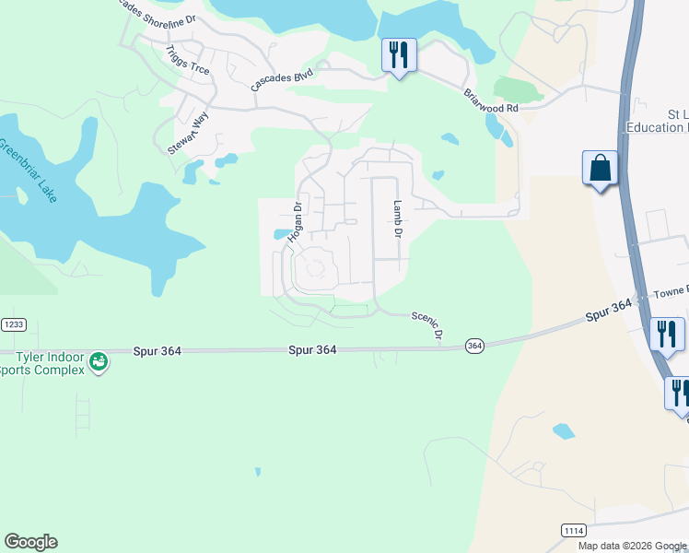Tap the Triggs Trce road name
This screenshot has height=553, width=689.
[188, 59]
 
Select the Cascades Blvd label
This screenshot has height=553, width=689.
[283, 79]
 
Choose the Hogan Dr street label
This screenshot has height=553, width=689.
[295, 222]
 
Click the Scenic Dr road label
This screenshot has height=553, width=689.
[427, 323]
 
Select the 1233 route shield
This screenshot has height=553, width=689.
[13, 324]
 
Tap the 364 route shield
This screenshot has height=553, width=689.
[474, 345]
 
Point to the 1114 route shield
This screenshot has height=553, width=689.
[574, 530]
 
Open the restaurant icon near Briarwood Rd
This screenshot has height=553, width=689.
[399, 55]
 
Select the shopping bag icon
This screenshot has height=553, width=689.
[600, 169]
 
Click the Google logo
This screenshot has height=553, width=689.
[30, 542]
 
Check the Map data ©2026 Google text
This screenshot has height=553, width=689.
[632, 546]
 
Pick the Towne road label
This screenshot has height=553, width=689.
[671, 291]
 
